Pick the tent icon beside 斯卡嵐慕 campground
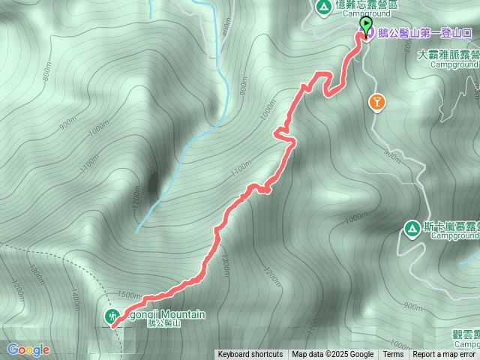click(412, 227)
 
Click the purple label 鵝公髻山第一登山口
click(424, 34)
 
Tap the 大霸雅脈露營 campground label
click(450, 55)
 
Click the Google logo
click(28, 349)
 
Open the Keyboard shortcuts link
click(250, 355)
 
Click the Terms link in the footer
click(393, 355)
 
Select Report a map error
click(444, 355)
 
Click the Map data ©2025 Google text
click(332, 355)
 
